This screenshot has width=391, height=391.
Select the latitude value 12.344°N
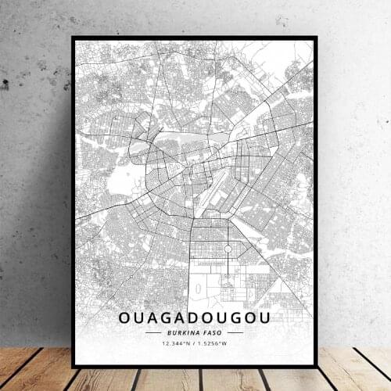pyautogui.click(x=176, y=343)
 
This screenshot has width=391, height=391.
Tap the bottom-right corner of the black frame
pyautogui.click(x=317, y=366)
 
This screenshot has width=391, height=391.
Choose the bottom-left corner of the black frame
pyautogui.click(x=73, y=366)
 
